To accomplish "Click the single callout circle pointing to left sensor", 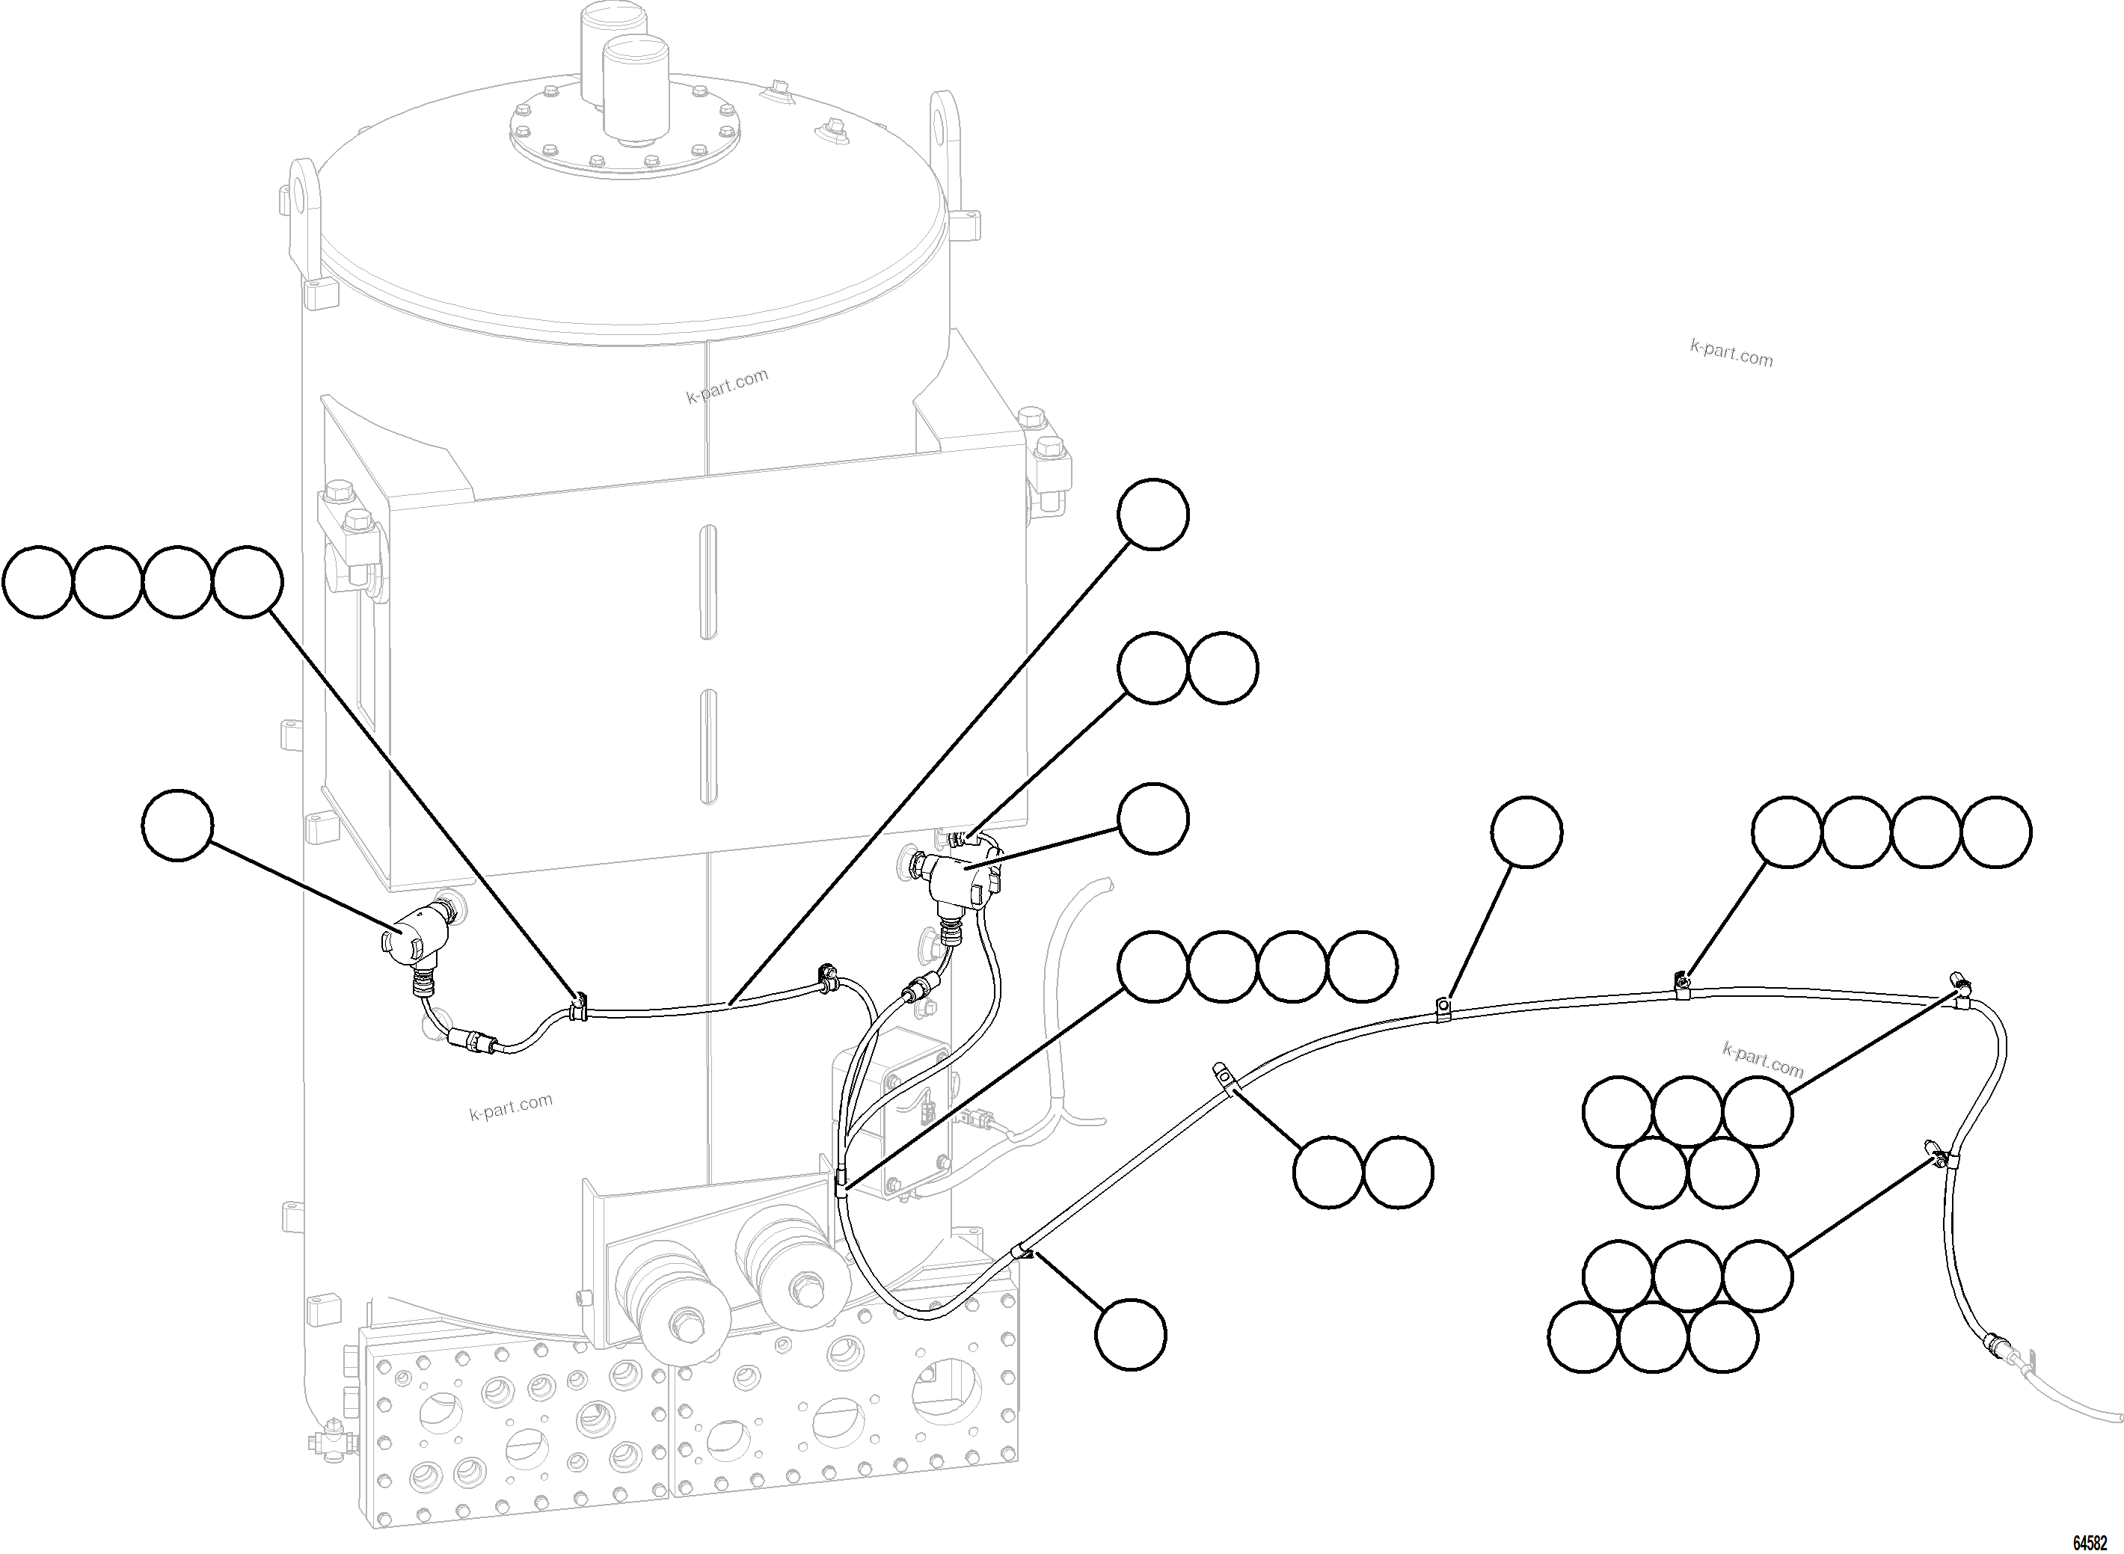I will point(178,826).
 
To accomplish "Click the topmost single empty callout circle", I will point(1152,515).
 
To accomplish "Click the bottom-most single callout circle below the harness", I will point(1131,1334).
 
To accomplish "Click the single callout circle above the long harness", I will point(1526,832).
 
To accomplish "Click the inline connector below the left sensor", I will point(470,1039).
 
